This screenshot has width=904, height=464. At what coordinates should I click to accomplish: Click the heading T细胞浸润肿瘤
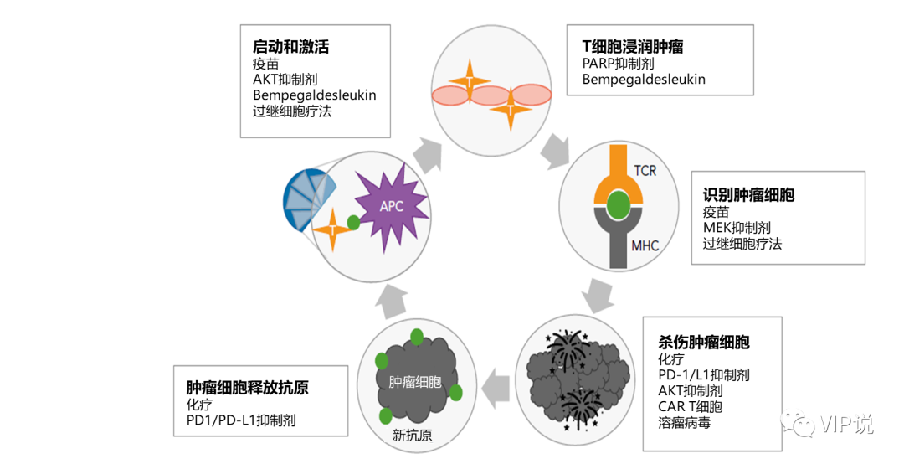click(x=633, y=47)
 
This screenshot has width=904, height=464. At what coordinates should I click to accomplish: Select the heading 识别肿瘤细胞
click(x=748, y=195)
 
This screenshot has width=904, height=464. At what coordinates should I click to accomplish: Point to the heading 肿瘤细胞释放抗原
click(x=247, y=388)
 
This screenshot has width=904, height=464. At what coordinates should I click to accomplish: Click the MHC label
click(x=645, y=245)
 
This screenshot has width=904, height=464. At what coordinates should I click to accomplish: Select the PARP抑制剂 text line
click(x=618, y=64)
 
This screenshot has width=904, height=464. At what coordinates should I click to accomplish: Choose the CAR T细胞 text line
click(x=690, y=406)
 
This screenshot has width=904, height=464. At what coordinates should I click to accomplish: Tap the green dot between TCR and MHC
click(x=619, y=204)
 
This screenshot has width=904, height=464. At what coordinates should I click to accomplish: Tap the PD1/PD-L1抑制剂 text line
click(x=241, y=420)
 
